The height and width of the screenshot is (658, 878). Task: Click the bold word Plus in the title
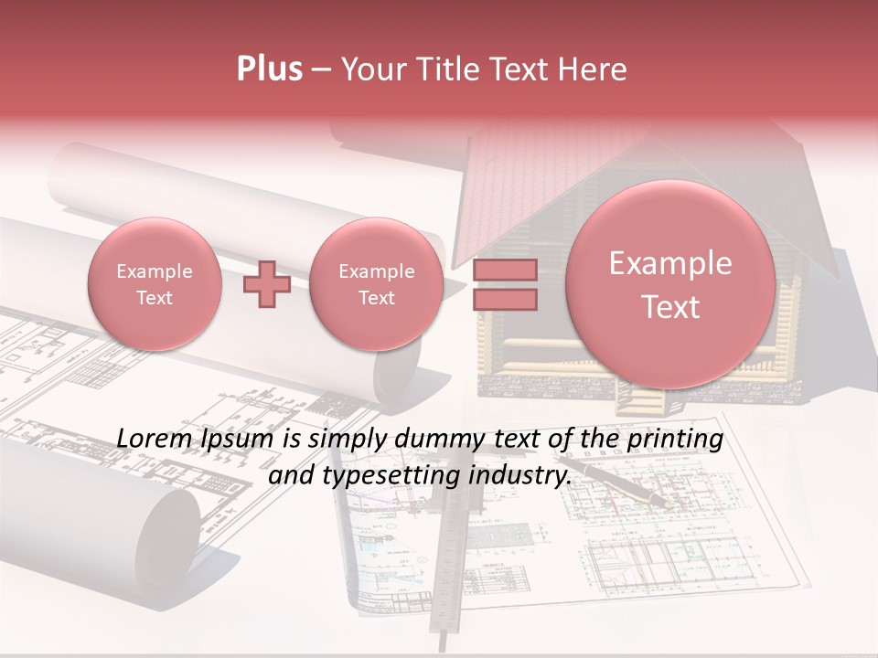[269, 69]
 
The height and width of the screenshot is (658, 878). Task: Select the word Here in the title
[594, 69]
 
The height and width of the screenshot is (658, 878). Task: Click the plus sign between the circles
[267, 284]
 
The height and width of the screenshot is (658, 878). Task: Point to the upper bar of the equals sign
[504, 271]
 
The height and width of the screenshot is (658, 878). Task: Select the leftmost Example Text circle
[155, 284]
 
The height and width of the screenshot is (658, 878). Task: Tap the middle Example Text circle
[377, 284]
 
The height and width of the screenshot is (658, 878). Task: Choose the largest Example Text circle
[670, 284]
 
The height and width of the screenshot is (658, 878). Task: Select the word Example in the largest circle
[670, 263]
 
